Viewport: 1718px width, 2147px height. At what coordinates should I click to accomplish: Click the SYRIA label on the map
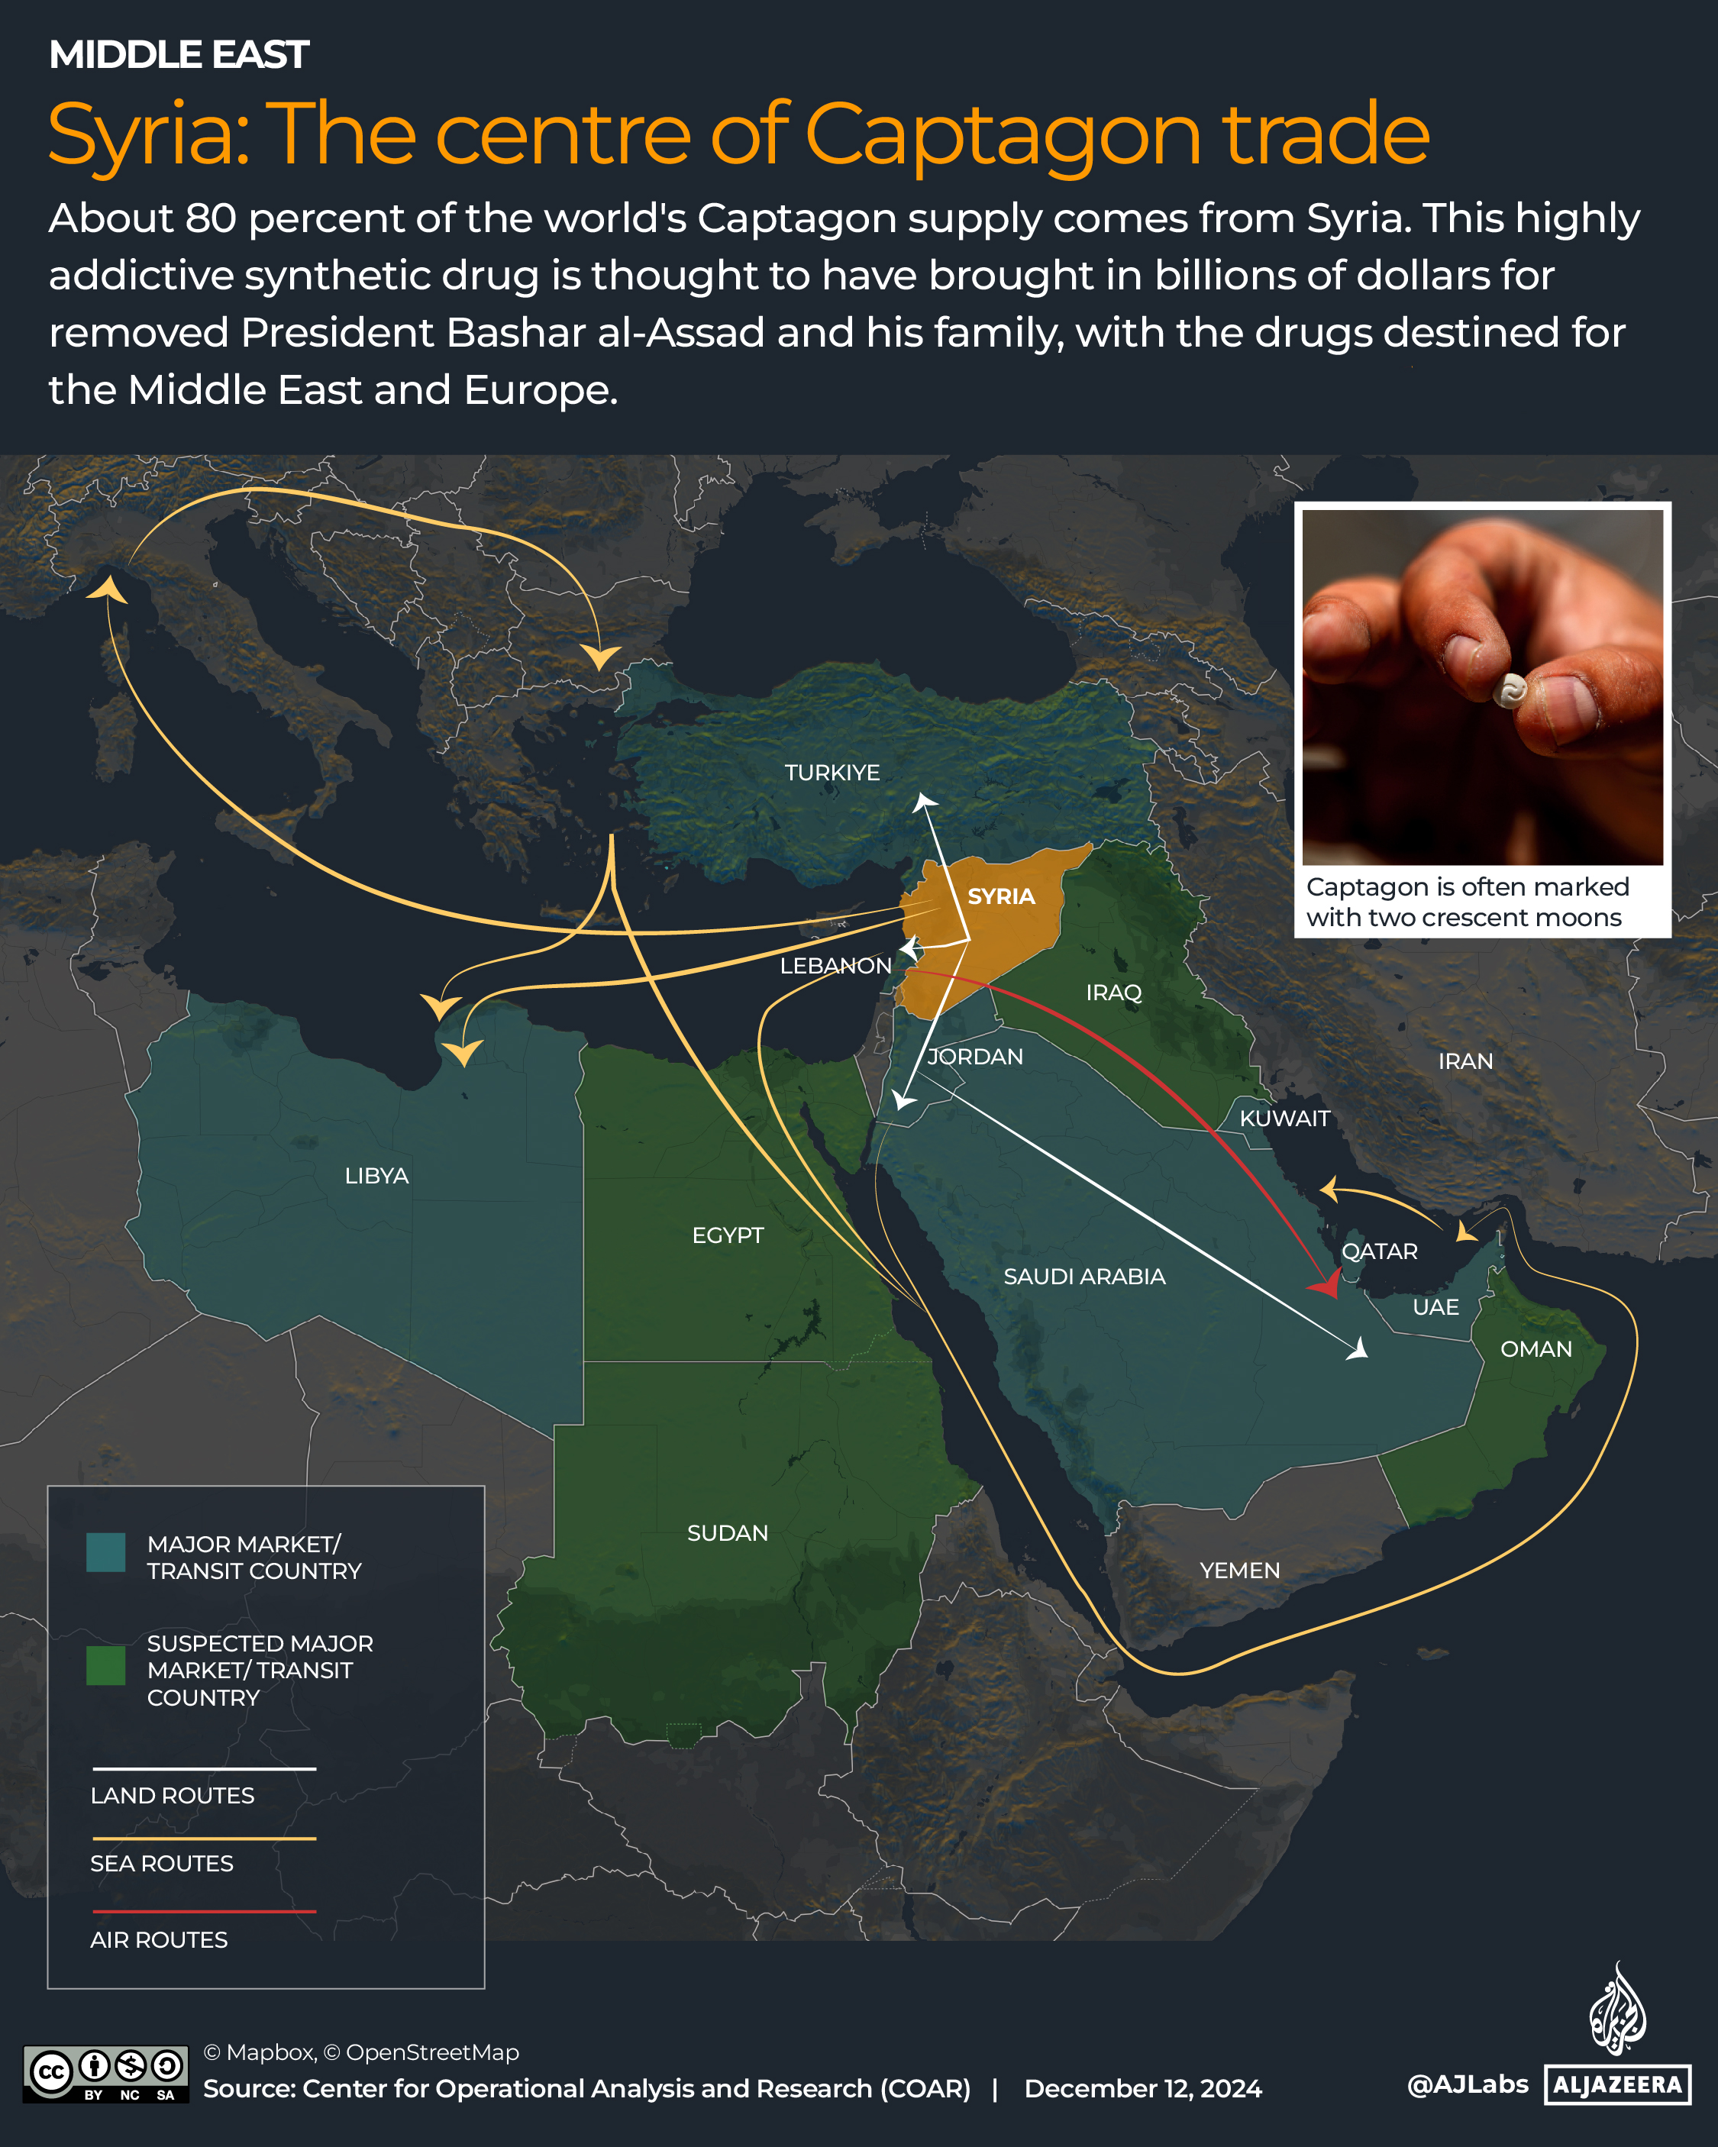pos(1001,896)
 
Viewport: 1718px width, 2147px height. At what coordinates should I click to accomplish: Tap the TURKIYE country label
pos(832,773)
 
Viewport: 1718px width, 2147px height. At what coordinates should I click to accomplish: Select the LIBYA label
pos(376,1176)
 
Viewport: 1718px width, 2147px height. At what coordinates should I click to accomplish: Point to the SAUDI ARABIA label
pos(1083,1277)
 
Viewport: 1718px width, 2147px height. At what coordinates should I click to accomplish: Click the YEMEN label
pos(1239,1571)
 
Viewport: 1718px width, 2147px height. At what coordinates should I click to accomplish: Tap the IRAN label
pos(1465,1061)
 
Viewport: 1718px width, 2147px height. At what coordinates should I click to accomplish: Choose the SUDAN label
pos(727,1532)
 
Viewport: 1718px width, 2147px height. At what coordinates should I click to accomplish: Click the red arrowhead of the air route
pos(1329,1286)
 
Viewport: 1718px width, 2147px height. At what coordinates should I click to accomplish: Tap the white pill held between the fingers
pos(1510,690)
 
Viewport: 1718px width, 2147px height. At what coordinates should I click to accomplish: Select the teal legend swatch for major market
pos(105,1551)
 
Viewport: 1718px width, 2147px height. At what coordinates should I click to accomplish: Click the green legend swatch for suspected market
pos(105,1665)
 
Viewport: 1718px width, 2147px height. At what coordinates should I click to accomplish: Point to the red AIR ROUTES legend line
pos(204,1911)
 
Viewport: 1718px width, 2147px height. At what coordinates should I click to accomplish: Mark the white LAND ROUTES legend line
pos(204,1768)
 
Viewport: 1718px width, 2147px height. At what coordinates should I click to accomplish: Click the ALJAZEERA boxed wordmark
pos(1616,2084)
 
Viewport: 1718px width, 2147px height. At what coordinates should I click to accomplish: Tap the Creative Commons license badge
pos(105,2074)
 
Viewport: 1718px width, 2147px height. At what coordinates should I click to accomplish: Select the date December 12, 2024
pos(1142,2088)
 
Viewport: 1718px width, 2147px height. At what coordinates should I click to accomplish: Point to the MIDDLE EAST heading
pos(179,55)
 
